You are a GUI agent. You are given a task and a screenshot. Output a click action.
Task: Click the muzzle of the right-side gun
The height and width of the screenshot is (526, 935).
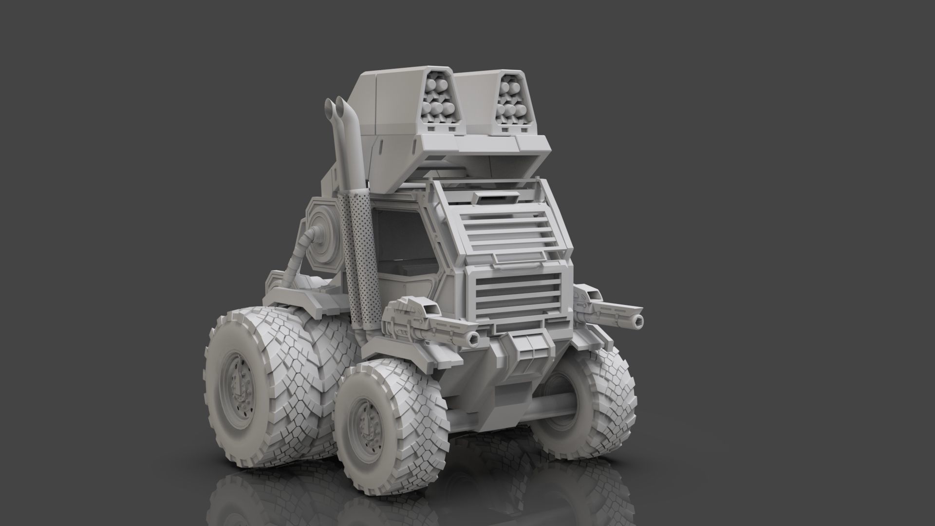(x=637, y=319)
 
